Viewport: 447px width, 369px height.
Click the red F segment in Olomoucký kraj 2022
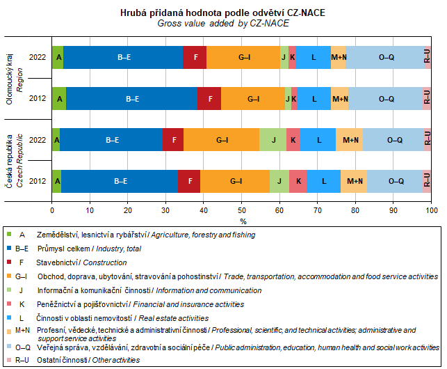[195, 57]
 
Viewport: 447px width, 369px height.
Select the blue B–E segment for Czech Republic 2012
[120, 181]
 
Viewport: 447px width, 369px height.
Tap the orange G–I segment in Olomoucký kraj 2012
[253, 99]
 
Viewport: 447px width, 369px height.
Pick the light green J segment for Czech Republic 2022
[273, 140]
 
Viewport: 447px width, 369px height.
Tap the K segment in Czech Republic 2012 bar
[298, 181]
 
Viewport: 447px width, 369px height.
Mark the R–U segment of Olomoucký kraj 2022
[428, 57]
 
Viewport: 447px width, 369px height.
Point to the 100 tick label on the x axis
[431, 210]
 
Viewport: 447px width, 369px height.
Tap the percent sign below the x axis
[243, 221]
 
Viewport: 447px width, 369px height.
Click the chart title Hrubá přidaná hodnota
[222, 13]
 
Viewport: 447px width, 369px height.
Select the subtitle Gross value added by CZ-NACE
[222, 23]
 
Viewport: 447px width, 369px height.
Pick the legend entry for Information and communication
[139, 290]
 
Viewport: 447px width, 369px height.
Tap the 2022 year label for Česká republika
[38, 140]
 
